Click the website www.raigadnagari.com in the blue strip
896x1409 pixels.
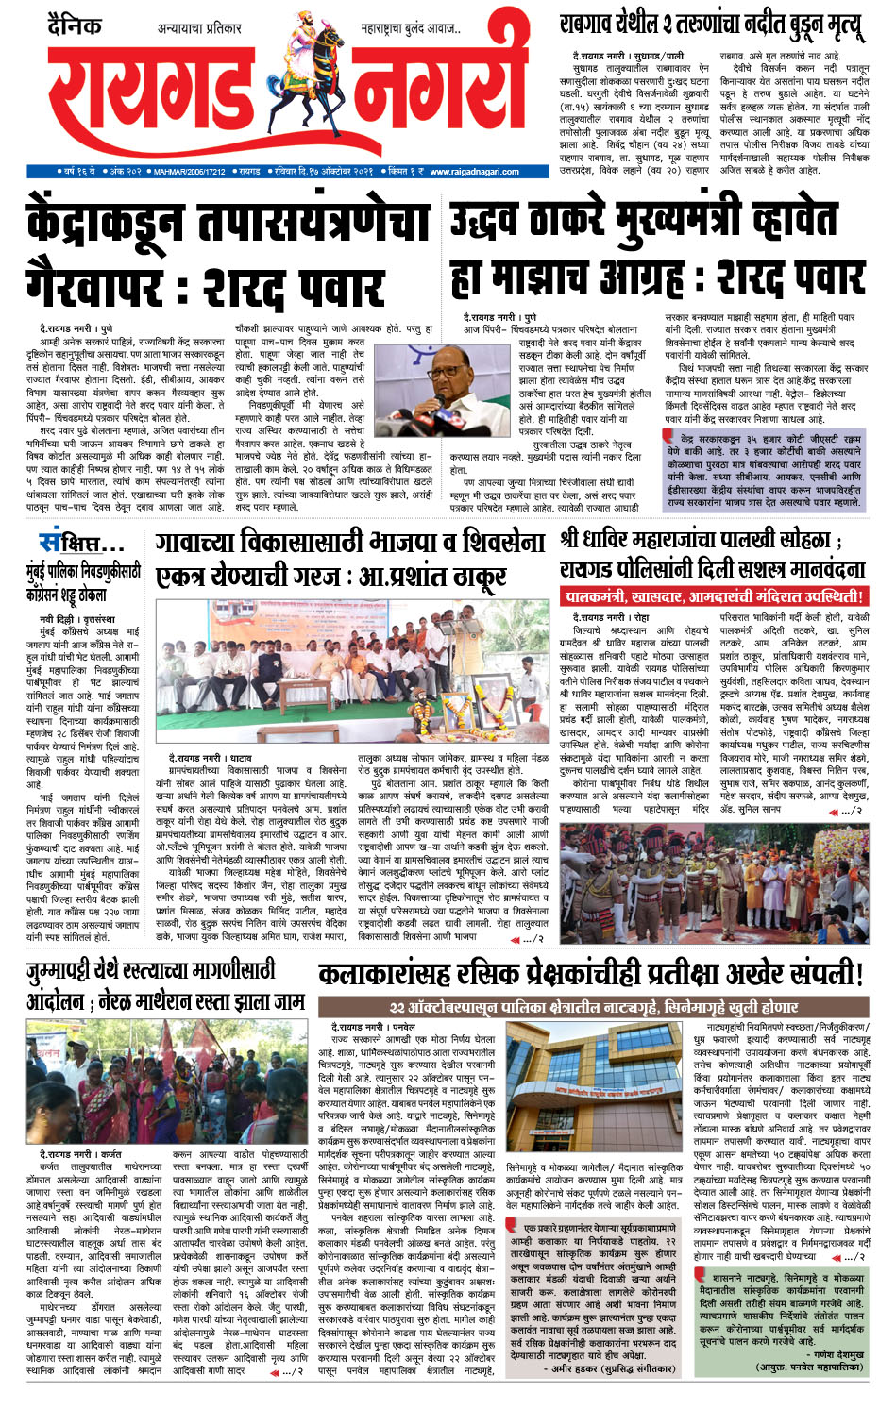474,172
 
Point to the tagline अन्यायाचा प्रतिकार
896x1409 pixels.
199,29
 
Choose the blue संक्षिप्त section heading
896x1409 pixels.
80,545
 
